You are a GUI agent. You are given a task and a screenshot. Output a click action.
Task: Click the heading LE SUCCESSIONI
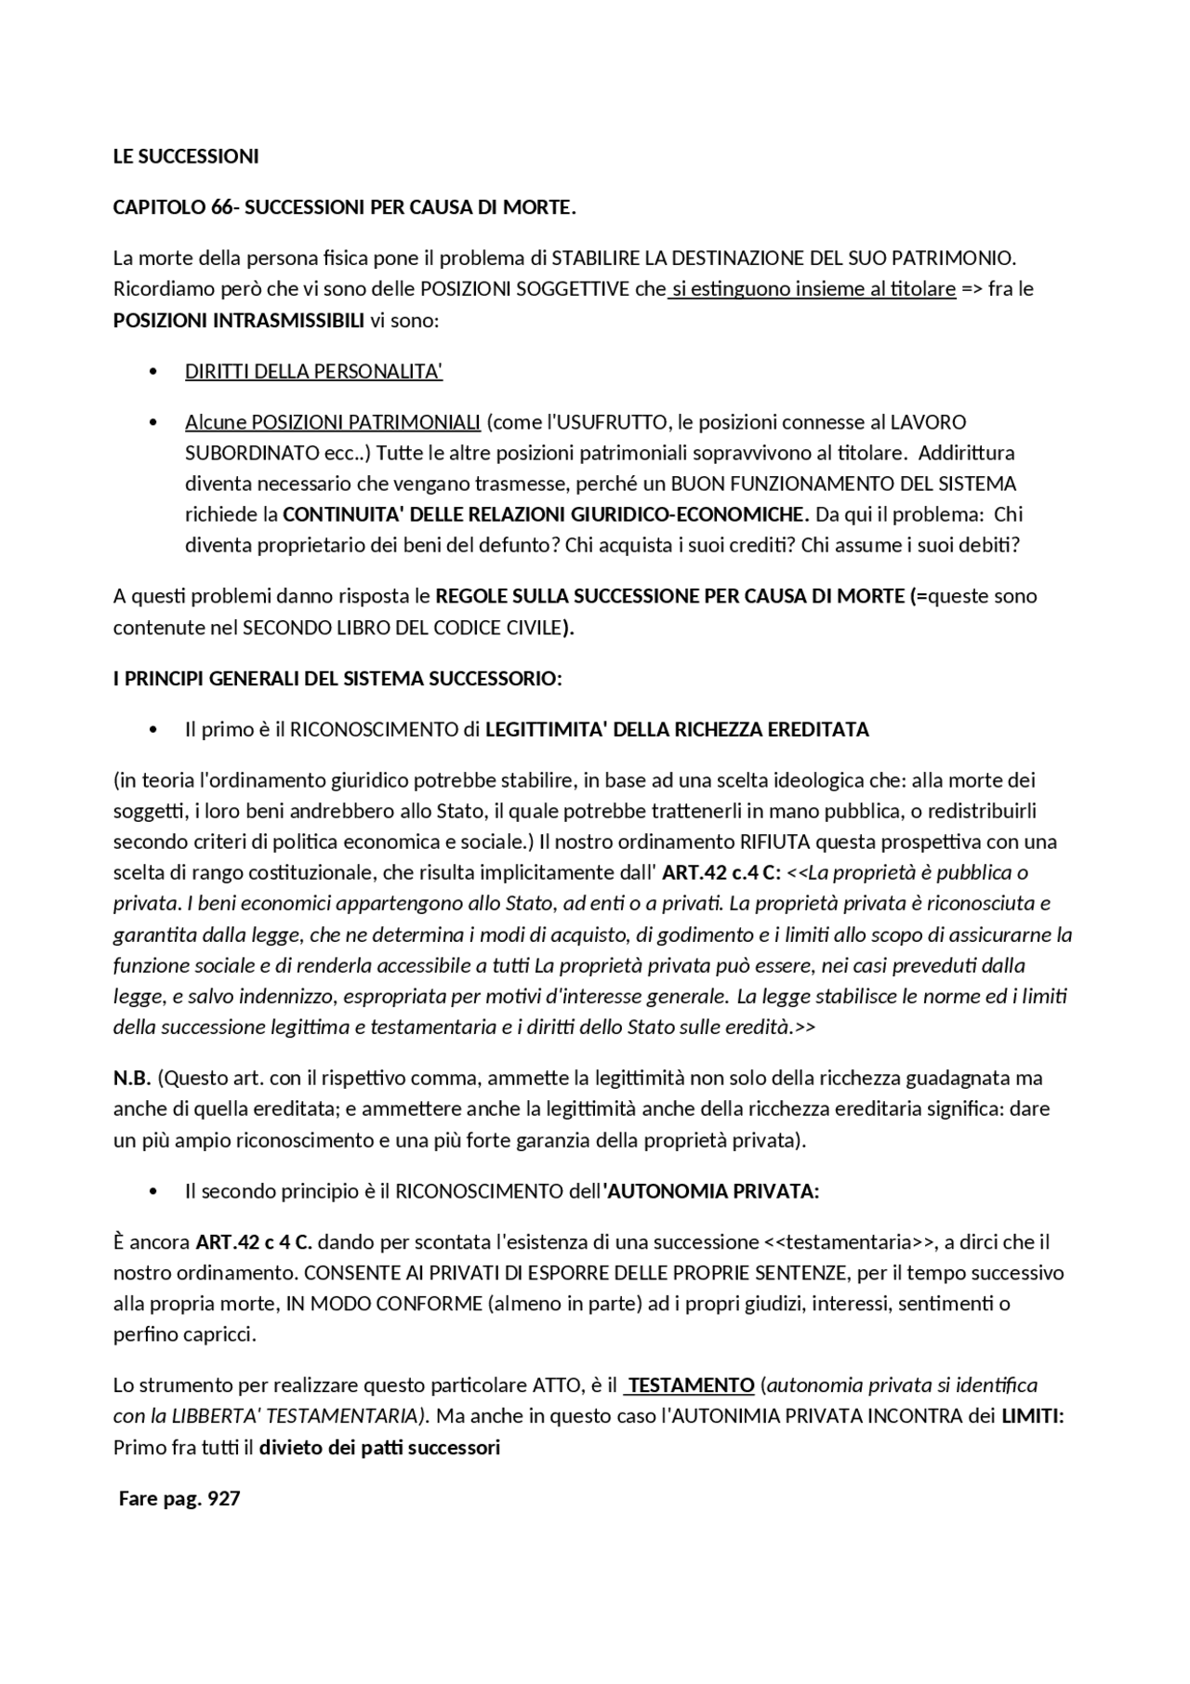coord(186,156)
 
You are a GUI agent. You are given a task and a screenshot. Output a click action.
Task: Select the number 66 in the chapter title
coord(222,206)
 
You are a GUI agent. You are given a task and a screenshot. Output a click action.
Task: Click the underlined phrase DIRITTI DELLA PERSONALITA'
coord(313,372)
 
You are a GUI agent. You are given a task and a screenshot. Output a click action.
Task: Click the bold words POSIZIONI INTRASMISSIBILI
coord(239,320)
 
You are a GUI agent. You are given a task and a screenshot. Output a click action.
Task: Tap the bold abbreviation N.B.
coord(132,1078)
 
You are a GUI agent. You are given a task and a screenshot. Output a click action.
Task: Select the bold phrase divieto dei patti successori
coord(379,1448)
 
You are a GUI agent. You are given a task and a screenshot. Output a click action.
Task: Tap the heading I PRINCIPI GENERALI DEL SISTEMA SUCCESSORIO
coord(337,679)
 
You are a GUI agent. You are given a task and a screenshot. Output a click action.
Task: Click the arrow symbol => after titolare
coord(972,289)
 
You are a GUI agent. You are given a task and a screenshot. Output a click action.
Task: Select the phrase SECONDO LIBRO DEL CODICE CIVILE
coord(402,628)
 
